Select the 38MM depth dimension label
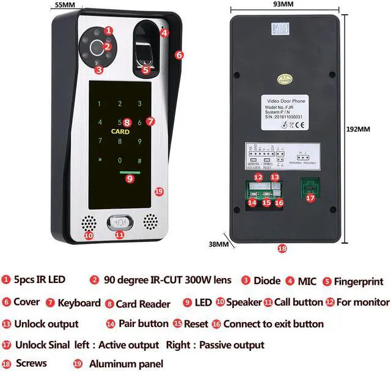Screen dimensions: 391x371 click(218, 244)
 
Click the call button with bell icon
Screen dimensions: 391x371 click(120, 222)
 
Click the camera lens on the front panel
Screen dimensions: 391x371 click(97, 46)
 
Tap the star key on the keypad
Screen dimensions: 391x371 click(100, 161)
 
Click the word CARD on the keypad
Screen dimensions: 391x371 click(120, 131)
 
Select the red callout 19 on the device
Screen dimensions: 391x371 click(159, 192)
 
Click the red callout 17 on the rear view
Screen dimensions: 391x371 click(311, 198)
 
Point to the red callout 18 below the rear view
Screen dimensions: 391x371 click(282, 249)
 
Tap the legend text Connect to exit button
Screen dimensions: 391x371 click(274, 324)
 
